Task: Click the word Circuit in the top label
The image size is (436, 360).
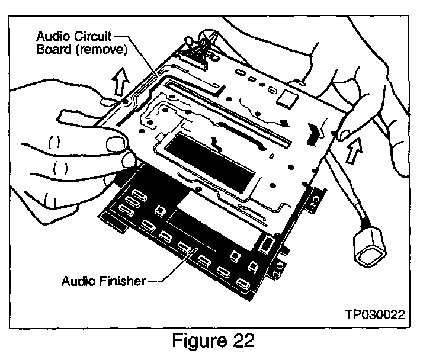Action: (x=92, y=36)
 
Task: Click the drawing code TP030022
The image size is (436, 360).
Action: (x=375, y=314)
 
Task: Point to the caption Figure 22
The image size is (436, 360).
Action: (x=213, y=340)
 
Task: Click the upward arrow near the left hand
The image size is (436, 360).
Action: (x=120, y=81)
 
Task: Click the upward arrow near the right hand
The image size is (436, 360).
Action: (x=355, y=150)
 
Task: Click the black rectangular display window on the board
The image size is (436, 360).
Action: (x=209, y=163)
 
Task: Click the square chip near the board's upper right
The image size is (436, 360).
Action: (x=287, y=99)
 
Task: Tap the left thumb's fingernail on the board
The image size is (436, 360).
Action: (x=115, y=143)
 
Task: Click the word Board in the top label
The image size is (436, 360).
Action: (x=54, y=50)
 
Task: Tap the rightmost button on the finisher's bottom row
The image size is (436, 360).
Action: (x=242, y=283)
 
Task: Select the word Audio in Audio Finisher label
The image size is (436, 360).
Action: (x=78, y=281)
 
